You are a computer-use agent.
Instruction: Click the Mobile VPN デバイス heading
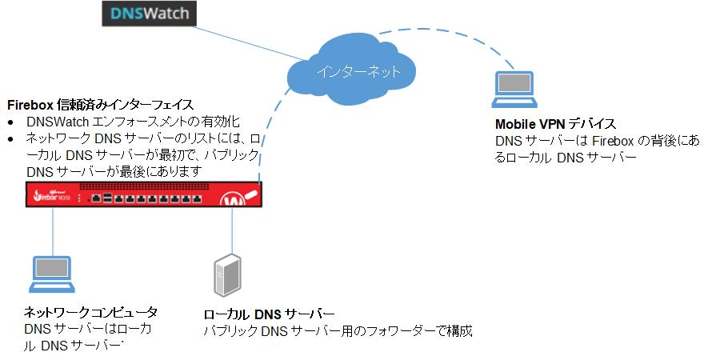(x=555, y=124)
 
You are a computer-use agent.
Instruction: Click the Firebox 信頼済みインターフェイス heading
(x=100, y=105)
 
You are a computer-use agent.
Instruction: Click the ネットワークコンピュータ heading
(x=90, y=312)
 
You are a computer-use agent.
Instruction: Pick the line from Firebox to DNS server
(x=232, y=232)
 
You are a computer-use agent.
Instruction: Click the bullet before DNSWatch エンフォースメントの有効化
(x=11, y=122)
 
